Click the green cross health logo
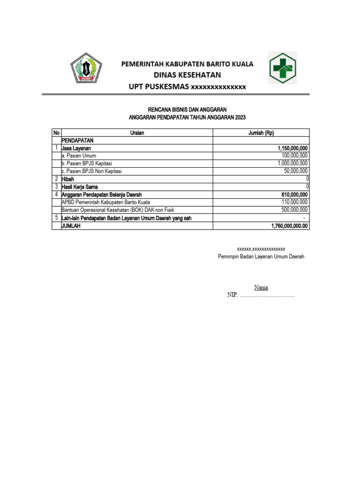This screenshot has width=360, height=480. coord(282,68)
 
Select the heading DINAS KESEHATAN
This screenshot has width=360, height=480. coord(187,75)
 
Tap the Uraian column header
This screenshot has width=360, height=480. coord(137,133)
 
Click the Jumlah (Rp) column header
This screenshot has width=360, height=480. coord(261,133)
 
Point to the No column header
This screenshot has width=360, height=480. coord(56,133)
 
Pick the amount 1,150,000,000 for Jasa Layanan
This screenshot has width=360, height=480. coord(292,148)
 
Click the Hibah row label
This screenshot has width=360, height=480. coord(68,179)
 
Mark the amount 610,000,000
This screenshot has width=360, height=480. coord(294,195)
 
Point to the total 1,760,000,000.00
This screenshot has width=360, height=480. coord(290,226)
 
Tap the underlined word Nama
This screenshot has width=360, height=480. coord(261,287)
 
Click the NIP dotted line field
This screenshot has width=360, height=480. coord(267,296)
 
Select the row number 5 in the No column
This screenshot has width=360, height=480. coord(56,218)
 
